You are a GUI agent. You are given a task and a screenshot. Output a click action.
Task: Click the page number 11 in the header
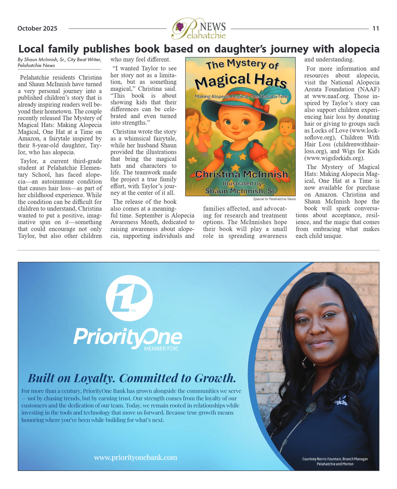[376, 28]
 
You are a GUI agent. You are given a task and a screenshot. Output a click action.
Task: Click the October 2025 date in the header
[37, 28]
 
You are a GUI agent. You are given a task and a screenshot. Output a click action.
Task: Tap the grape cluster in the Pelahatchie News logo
[180, 27]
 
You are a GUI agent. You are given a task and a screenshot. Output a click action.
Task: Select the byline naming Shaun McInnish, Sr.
[59, 62]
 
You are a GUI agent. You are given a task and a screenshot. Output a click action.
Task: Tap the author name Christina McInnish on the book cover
[241, 174]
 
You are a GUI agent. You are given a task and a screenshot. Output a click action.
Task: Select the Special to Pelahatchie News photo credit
[274, 199]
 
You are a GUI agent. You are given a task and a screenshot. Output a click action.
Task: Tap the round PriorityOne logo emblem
[129, 298]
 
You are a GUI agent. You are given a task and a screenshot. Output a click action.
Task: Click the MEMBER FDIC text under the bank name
[161, 349]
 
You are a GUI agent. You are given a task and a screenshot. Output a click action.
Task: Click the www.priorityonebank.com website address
[135, 457]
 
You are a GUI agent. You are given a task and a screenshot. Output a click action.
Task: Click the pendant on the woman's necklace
[311, 407]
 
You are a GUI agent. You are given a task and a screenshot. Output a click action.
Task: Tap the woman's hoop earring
[303, 362]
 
